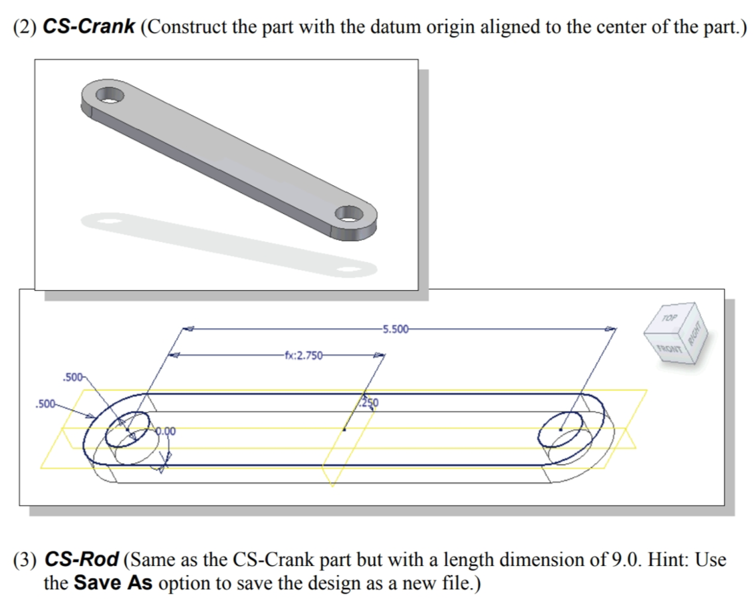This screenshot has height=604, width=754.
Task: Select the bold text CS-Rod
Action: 82,559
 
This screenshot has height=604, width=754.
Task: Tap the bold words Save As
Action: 113,583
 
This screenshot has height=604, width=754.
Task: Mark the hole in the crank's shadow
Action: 348,271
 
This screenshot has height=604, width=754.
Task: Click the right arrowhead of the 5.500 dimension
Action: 610,329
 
